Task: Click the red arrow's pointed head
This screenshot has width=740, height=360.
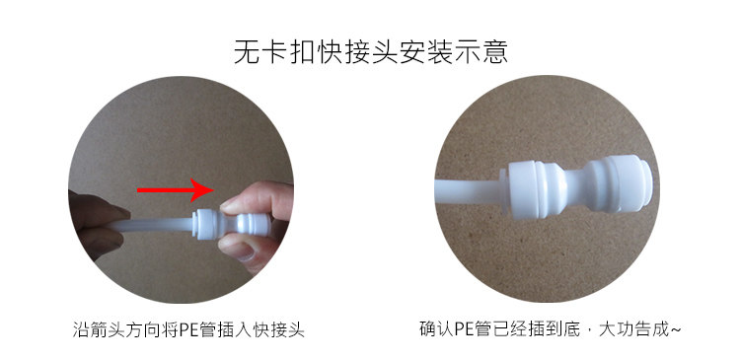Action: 213,190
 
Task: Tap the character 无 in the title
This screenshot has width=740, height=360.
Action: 248,51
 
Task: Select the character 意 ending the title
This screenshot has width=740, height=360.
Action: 494,51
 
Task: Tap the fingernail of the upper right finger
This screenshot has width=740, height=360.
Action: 229,203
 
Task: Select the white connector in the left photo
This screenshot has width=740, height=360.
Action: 232,226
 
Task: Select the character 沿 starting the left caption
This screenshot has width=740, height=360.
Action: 79,328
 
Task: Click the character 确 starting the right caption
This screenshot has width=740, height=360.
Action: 426,328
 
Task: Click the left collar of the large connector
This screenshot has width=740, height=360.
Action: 525,188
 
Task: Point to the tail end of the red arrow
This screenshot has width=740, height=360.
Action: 138,190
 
